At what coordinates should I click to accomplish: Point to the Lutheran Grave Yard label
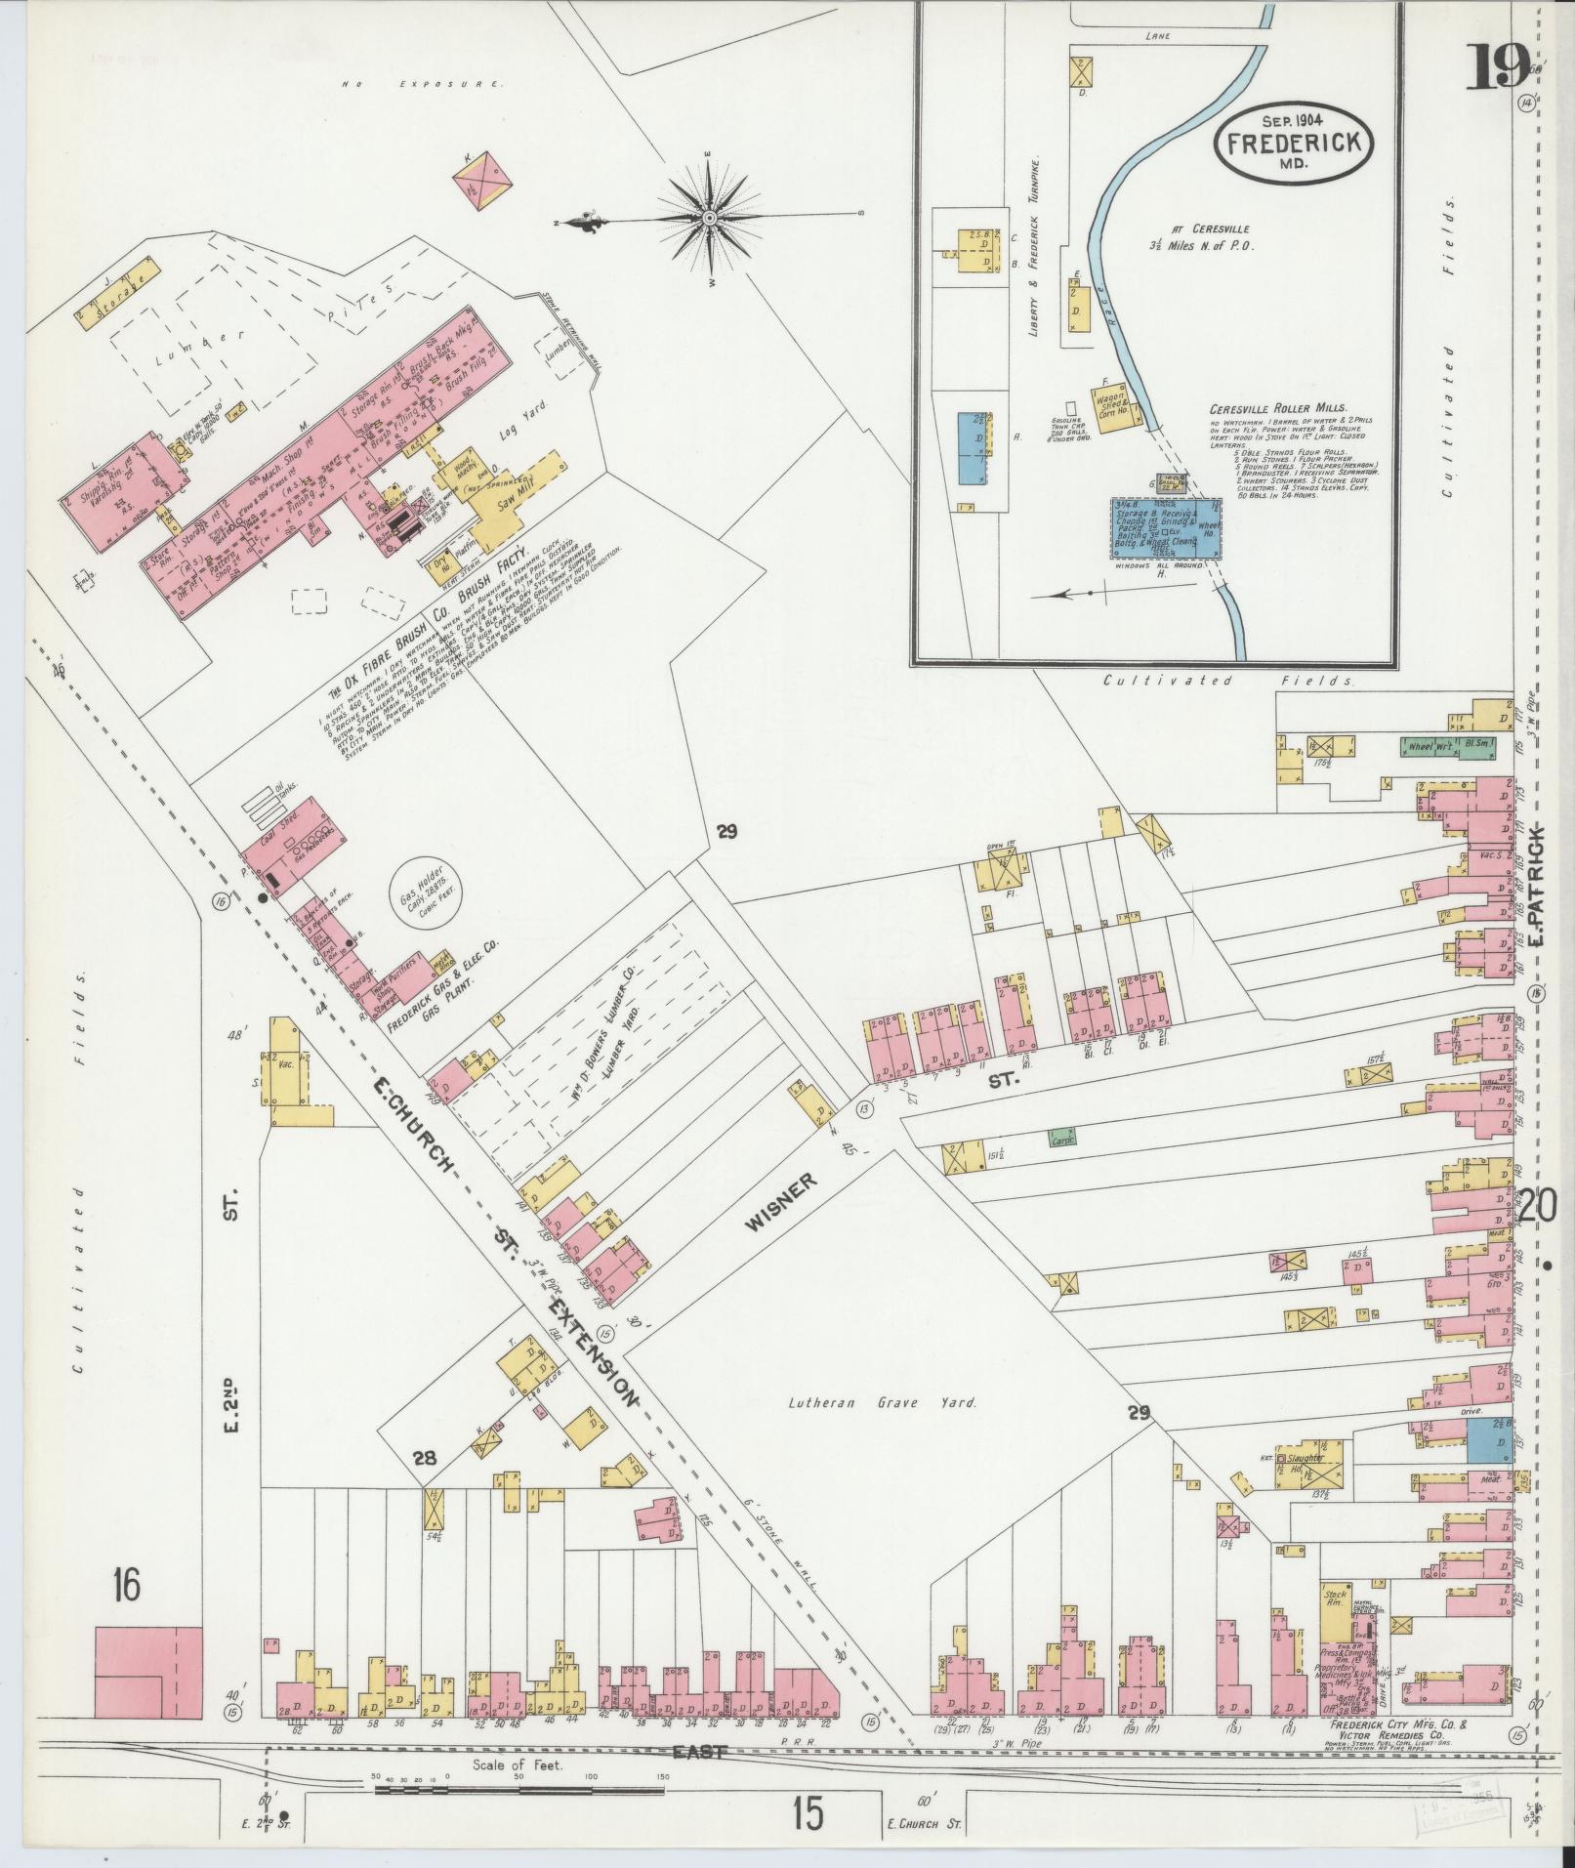(883, 1402)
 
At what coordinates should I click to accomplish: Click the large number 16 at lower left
(125, 1584)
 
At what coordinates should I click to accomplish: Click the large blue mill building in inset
(1164, 527)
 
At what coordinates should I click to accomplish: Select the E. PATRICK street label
(1537, 890)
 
